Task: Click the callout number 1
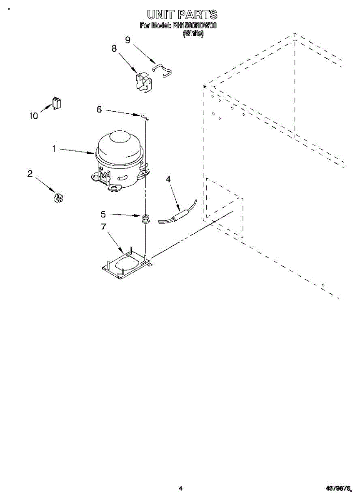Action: coord(54,148)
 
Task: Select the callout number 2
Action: coord(30,174)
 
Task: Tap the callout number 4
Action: coord(168,179)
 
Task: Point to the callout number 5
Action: coord(103,214)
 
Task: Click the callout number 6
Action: coord(99,109)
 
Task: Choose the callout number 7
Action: coord(103,227)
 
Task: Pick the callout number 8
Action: coord(114,48)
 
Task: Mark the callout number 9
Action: coord(127,40)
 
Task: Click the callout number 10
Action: coord(33,116)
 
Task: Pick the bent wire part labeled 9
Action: coord(163,70)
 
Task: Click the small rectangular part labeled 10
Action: coord(57,102)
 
